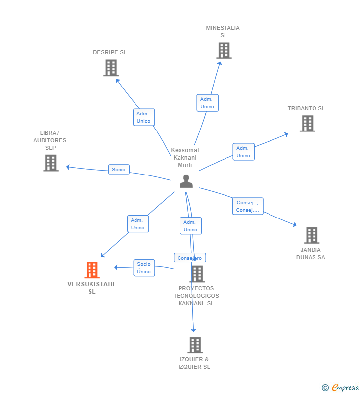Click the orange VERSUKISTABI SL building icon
tap(92, 270)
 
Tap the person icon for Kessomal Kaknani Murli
tap(186, 181)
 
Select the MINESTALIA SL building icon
tap(224, 50)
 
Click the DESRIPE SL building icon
tap(111, 68)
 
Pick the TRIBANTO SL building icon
tap(308, 123)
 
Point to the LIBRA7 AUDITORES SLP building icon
tap(51, 163)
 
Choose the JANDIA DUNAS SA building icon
tap(312, 235)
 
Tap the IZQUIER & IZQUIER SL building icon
tap(195, 345)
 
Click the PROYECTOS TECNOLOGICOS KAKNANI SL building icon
tap(197, 274)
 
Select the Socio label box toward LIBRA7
tap(119, 169)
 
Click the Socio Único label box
tap(144, 267)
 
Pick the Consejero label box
tap(190, 258)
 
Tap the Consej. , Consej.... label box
tap(248, 206)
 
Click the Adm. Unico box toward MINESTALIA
tap(207, 103)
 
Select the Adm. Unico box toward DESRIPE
tap(144, 117)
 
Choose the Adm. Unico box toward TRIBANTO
tap(243, 152)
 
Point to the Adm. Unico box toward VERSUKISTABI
tap(138, 224)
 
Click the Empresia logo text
tap(345, 387)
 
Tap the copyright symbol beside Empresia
tap(325, 388)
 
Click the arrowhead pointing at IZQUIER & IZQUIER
tap(193, 330)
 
